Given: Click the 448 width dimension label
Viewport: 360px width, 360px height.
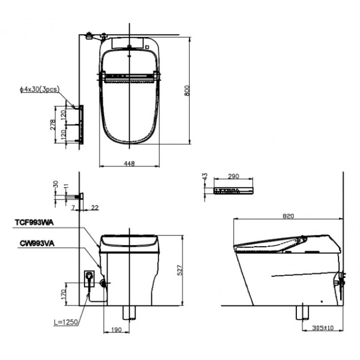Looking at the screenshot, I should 128,163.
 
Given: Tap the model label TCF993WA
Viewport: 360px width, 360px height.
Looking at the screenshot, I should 35,222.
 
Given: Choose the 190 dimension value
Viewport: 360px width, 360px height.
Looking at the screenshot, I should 116,330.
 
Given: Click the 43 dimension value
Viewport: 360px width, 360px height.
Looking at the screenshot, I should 204,177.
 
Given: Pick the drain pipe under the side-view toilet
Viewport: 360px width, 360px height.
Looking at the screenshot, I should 301,312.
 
